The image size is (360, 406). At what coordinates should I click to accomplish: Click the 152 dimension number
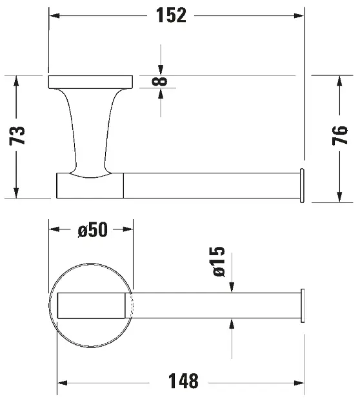171,15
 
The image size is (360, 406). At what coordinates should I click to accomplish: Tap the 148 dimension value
183,381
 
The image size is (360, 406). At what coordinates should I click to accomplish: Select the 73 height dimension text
17,136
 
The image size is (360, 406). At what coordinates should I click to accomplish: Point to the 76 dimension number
340,135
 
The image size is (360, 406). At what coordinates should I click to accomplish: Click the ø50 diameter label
92,229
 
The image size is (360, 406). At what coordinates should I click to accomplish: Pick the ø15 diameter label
219,262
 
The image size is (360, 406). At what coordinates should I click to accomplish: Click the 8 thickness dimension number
159,81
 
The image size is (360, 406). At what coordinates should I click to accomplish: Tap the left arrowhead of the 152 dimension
54,15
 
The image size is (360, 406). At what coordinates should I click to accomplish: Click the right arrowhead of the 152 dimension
299,15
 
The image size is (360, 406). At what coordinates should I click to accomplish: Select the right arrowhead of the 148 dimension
299,383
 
